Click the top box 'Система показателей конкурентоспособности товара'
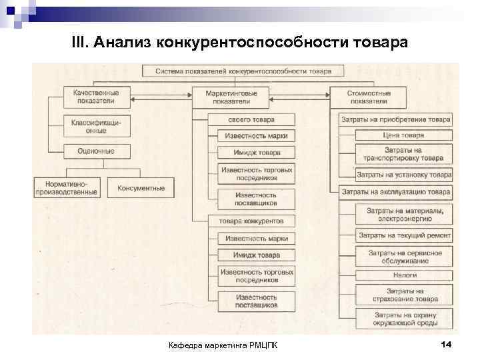[x=243, y=70]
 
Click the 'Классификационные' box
[x=97, y=125]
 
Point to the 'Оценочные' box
[x=97, y=151]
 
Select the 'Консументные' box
[x=141, y=187]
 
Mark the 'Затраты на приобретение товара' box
[x=396, y=120]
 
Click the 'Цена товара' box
[x=404, y=135]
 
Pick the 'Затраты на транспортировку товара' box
[x=404, y=155]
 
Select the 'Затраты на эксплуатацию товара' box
[x=396, y=192]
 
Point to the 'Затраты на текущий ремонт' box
[x=404, y=235]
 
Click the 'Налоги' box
[x=404, y=275]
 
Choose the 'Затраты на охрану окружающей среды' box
[x=404, y=319]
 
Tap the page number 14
[x=446, y=344]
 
